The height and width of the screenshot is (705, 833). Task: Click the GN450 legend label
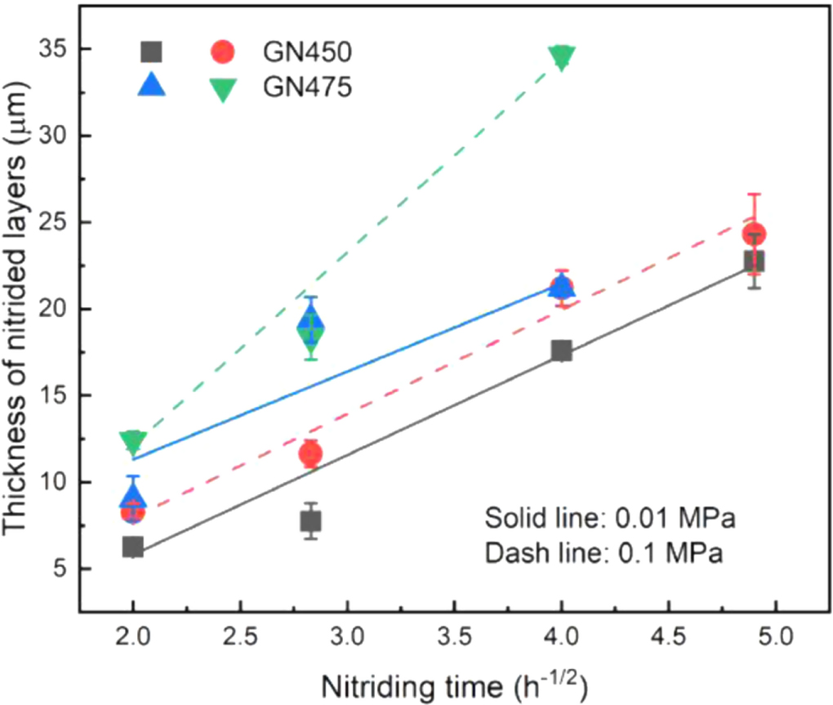(307, 51)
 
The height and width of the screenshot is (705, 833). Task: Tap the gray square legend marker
(152, 51)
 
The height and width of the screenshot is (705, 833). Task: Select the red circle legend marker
(222, 51)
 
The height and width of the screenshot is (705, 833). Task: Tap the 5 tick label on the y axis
(59, 569)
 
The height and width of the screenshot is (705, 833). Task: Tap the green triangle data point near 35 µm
(562, 57)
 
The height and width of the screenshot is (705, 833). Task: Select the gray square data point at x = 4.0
(562, 350)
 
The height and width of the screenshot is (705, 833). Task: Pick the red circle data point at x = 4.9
(754, 234)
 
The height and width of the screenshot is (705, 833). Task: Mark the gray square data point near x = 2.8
(310, 520)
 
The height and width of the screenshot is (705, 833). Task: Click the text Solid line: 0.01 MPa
(610, 520)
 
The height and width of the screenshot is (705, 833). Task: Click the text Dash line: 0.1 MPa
(604, 553)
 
